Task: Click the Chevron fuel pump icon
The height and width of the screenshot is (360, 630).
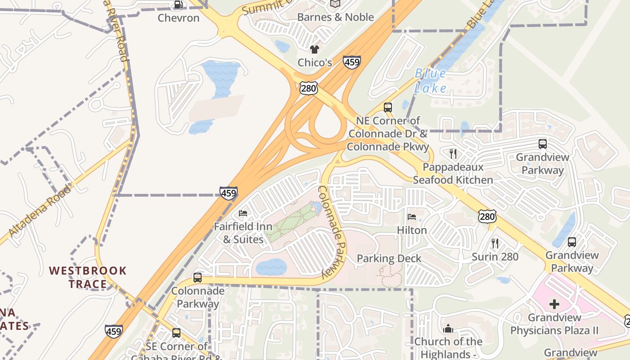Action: (179, 5)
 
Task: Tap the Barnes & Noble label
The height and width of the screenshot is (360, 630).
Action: (336, 17)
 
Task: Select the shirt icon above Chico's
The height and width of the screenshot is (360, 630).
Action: (314, 49)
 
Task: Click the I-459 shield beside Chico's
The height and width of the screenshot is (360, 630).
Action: (351, 62)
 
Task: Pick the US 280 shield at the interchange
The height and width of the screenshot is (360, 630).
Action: (309, 88)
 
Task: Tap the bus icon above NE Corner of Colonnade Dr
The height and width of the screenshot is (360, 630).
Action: (387, 108)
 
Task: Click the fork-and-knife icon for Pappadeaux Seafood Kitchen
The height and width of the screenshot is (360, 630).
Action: (453, 154)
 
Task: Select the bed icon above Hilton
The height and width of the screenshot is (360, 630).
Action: (412, 217)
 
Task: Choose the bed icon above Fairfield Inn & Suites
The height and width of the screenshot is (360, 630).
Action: (243, 213)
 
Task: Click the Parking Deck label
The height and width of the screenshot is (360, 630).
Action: (389, 259)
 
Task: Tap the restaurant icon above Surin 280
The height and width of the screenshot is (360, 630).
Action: (495, 243)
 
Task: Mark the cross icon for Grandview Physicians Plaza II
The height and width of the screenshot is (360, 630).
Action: (554, 304)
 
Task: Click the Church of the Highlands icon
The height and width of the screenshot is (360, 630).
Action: (448, 328)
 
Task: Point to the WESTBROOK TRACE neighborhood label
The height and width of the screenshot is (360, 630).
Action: (88, 277)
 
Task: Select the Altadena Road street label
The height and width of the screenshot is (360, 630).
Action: (40, 211)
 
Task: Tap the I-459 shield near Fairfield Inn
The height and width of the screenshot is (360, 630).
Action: (229, 193)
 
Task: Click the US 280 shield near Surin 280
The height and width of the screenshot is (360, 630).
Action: (487, 217)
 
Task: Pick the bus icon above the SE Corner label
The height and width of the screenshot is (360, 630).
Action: (176, 333)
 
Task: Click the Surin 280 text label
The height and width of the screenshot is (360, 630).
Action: (495, 257)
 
